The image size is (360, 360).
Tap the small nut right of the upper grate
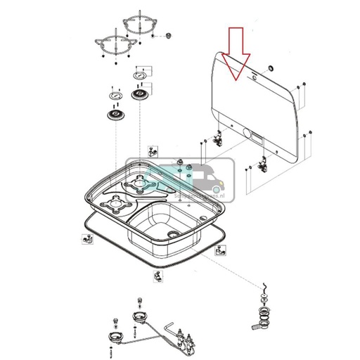(169, 35)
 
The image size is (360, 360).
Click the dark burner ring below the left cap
(114, 113)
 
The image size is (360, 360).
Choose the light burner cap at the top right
(141, 75)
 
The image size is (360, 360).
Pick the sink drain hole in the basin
(173, 233)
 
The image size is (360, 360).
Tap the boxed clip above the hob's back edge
(152, 150)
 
